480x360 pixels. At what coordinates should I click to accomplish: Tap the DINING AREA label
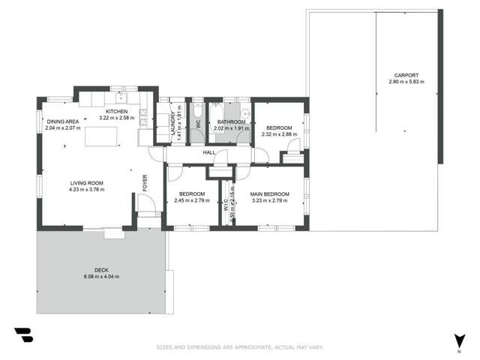click(63, 121)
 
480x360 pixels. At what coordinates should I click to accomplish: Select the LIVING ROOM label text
click(87, 183)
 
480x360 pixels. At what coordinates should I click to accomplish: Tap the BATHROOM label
click(231, 121)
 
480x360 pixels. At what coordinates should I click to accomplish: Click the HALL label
click(209, 152)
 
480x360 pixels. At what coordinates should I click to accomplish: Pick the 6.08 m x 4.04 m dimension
click(101, 277)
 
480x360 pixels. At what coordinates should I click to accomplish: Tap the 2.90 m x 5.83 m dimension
click(406, 82)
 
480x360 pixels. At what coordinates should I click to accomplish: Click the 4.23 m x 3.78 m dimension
click(87, 190)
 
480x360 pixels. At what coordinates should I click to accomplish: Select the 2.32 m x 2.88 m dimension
click(279, 135)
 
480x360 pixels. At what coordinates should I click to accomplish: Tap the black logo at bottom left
click(23, 334)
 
